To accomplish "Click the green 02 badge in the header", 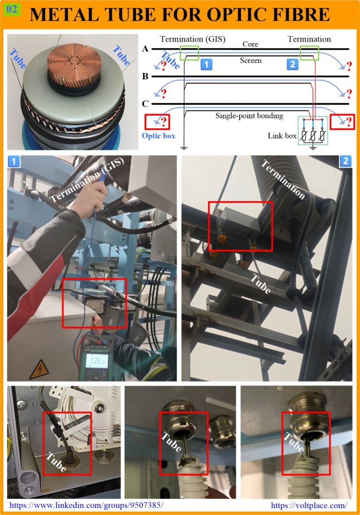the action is pos(12,9).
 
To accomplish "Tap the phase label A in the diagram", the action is pos(145,49).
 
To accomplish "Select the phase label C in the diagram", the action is pos(145,104).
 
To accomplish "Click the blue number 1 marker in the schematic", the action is pos(206,64).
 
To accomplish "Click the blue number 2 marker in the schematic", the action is pos(292,64).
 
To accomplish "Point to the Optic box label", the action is pos(158,135).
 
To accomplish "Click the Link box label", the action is pos(282,135).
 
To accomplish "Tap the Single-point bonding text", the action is pos(249,116).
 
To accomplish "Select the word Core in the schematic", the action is pos(250,44).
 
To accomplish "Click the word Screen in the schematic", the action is pos(251,60).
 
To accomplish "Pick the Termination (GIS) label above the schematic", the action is pos(193,39).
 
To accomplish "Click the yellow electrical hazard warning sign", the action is pos(39,370).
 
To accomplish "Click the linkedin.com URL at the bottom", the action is pos(86,505).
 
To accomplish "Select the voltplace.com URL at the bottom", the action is pos(309,505).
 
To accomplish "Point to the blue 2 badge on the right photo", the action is pos(345,161).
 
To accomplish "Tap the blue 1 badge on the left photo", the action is pos(14,161).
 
